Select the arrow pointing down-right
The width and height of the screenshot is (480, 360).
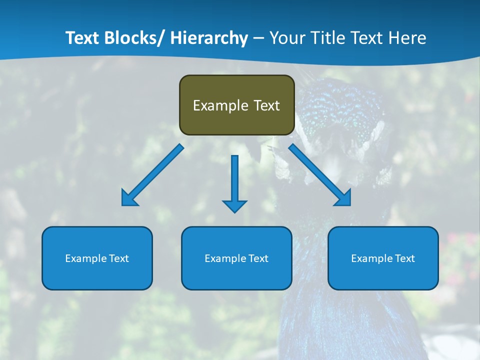tap(319, 174)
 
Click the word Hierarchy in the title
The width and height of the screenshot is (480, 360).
tap(209, 38)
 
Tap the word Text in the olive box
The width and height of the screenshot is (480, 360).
tap(266, 106)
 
